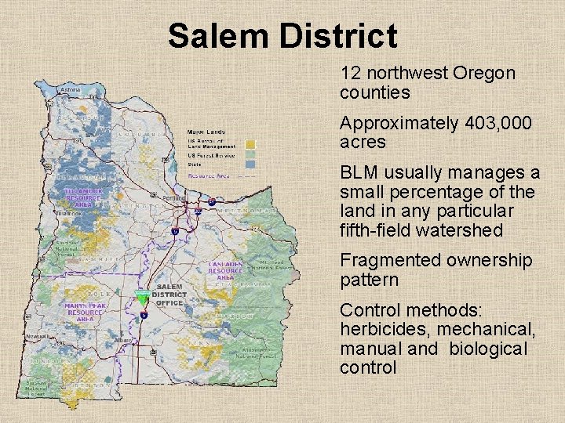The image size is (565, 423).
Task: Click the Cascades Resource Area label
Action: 226,271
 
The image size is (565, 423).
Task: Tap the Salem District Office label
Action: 169,295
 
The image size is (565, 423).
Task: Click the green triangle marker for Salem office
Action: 142,298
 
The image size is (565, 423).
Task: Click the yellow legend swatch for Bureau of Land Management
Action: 250,144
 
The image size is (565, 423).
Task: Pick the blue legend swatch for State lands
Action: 250,164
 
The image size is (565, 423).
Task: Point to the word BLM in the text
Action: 359,172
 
